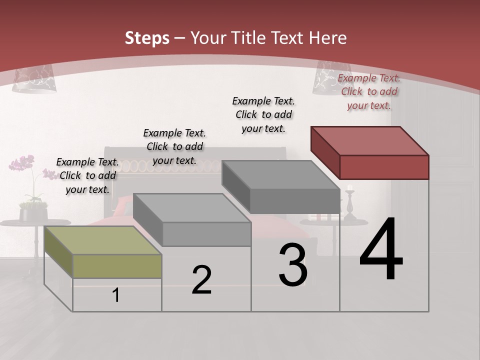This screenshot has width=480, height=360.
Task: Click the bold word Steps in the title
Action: (x=147, y=38)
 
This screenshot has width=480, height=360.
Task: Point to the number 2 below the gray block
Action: (x=201, y=280)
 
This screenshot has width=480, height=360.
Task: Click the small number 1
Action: (x=116, y=295)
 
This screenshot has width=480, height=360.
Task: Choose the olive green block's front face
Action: (x=117, y=266)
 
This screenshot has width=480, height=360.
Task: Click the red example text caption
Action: (x=369, y=92)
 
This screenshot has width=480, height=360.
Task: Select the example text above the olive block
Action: (x=87, y=176)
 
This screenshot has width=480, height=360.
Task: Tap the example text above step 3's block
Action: (x=263, y=114)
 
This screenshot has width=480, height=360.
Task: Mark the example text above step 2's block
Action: (x=174, y=146)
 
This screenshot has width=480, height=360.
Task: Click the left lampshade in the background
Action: (x=34, y=80)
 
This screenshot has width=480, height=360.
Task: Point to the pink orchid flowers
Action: (x=22, y=164)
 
